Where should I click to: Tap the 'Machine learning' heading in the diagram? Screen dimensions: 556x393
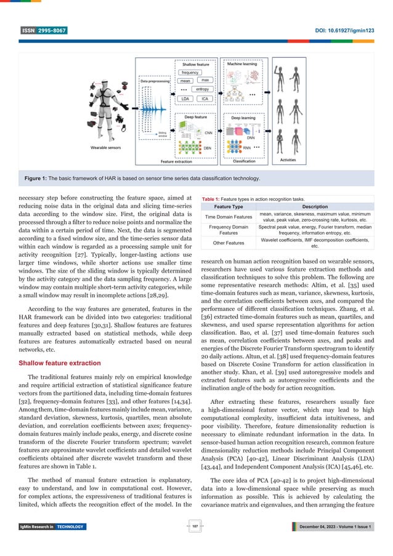[243, 63]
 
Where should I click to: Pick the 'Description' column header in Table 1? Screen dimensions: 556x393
[314, 206]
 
